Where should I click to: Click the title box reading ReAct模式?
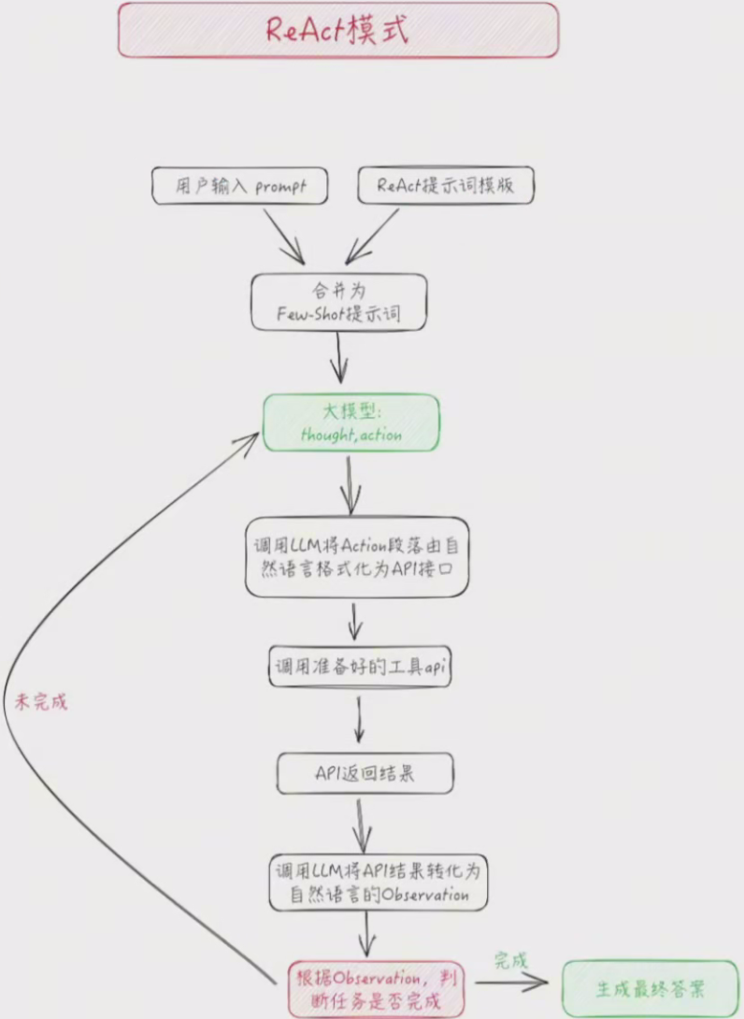337,30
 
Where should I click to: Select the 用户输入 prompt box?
240,185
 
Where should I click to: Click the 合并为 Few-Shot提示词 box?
339,302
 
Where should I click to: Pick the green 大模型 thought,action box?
351,423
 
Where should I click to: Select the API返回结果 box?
365,774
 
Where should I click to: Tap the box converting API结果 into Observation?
378,882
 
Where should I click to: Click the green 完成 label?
510,960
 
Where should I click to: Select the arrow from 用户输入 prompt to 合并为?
282,236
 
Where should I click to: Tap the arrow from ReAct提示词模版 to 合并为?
373,236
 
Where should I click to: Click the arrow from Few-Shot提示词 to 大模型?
339,357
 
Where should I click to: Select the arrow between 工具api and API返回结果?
359,720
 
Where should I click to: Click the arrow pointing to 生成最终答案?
510,983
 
